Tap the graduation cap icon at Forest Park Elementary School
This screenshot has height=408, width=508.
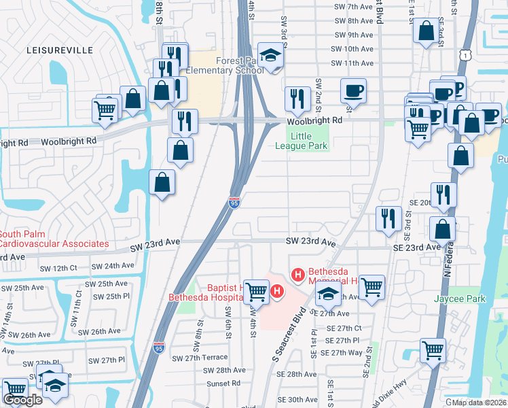point(271,56)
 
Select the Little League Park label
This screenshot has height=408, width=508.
point(306,141)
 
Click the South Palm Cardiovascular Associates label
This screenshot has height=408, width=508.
point(54,239)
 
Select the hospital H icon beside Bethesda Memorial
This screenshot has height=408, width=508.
point(297,275)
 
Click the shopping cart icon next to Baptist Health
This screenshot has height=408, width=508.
point(256,292)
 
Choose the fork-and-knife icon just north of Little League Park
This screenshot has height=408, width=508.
point(297,99)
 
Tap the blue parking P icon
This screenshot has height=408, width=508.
point(458,88)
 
